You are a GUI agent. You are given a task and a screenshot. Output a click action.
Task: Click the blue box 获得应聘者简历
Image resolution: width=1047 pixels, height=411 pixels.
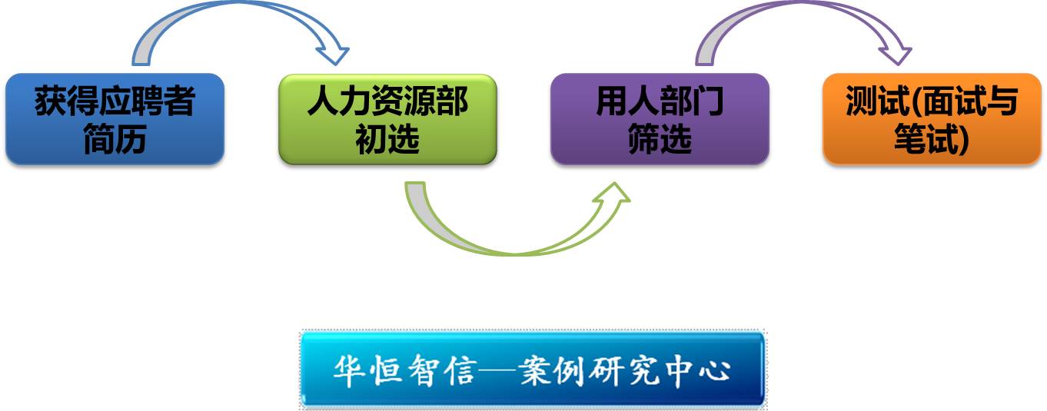(x=115, y=118)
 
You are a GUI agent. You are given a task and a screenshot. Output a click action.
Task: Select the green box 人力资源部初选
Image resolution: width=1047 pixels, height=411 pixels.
(x=387, y=119)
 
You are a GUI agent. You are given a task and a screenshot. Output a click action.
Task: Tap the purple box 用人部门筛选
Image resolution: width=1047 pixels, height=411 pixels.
(x=660, y=118)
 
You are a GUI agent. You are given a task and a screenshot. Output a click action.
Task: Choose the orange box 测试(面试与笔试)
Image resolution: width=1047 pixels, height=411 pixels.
(x=932, y=118)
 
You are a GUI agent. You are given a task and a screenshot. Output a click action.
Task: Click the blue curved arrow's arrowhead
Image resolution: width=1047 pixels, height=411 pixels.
(x=333, y=55)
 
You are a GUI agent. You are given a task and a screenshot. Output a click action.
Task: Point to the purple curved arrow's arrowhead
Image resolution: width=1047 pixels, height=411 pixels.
(x=896, y=55)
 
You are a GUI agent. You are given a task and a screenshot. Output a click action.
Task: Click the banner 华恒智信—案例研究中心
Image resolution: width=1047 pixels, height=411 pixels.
(x=532, y=369)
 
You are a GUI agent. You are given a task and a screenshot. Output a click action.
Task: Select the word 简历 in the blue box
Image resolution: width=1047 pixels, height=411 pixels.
(x=115, y=139)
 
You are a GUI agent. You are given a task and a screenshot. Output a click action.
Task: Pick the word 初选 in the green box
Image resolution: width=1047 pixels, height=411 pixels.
(x=387, y=139)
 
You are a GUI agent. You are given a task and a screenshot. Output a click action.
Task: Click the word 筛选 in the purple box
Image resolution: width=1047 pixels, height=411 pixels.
(x=660, y=139)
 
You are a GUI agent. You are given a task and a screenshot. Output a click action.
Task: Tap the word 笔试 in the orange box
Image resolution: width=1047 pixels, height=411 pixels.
(x=926, y=139)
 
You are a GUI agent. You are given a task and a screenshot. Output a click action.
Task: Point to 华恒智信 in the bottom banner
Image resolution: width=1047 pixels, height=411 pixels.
(x=406, y=371)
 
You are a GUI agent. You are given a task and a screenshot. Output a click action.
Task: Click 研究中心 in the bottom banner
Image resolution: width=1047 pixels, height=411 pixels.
(x=659, y=371)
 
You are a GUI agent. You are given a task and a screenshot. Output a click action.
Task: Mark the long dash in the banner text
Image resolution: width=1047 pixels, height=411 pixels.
(x=498, y=371)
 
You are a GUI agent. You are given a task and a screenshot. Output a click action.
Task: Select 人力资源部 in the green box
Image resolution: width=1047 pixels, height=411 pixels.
(x=387, y=101)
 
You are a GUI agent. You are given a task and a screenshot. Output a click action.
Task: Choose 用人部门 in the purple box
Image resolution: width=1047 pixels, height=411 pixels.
(x=660, y=101)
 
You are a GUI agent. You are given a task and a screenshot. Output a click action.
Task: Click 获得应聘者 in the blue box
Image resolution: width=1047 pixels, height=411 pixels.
(x=115, y=101)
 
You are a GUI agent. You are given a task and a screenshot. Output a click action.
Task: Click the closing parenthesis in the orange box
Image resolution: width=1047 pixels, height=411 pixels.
(x=963, y=140)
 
